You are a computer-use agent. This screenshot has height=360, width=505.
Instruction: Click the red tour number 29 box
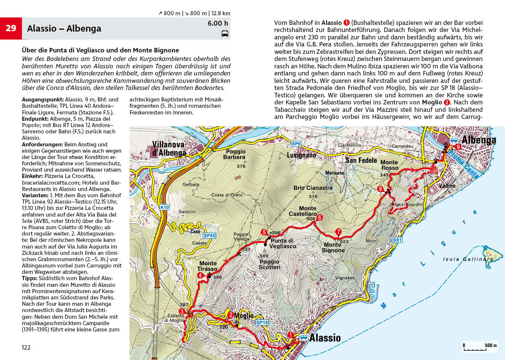tap(11, 28)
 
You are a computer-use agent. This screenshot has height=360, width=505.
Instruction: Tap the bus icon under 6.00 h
tap(225, 34)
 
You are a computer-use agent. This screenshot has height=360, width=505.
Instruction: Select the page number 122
tap(26, 347)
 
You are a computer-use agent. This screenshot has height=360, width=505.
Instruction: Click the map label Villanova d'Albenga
tap(169, 149)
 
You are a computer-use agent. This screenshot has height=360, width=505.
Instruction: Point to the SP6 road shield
tap(296, 144)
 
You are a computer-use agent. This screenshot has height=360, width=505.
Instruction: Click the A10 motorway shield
tap(164, 207)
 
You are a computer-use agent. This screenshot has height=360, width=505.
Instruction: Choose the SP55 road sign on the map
tap(209, 236)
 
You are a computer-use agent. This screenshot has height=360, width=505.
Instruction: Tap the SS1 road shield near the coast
tap(397, 240)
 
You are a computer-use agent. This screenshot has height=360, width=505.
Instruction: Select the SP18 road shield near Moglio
tap(262, 322)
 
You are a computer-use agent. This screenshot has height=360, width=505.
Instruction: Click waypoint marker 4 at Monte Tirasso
tap(200, 275)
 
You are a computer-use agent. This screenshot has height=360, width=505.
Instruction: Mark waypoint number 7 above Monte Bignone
tap(338, 232)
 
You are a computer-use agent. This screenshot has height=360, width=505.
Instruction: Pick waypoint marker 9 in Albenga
tap(458, 147)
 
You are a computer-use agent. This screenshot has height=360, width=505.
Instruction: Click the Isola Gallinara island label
tap(468, 259)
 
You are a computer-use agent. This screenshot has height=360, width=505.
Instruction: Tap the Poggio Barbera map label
tap(236, 154)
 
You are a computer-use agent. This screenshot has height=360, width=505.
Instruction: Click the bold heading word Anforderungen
tap(42, 145)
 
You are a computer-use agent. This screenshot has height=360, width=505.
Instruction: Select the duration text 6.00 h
tap(218, 23)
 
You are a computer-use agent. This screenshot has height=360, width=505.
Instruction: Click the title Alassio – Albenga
tap(64, 29)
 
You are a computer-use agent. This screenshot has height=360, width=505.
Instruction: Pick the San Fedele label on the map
tap(361, 160)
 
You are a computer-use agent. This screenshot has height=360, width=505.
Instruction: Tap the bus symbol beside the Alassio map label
tap(304, 337)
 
